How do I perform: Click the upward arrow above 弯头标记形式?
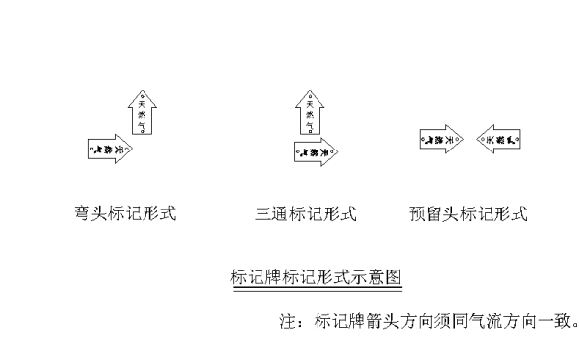pyautogui.click(x=143, y=110)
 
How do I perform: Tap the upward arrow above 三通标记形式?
pyautogui.click(x=309, y=110)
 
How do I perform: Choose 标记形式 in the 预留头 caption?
pyautogui.click(x=492, y=213)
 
